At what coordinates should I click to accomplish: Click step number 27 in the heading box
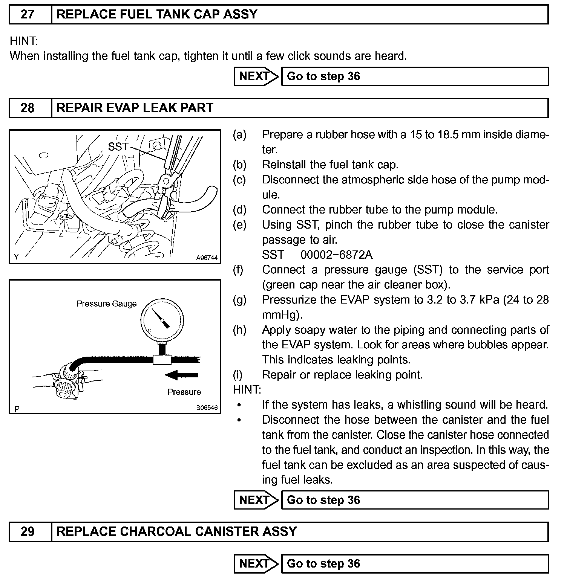pos(27,15)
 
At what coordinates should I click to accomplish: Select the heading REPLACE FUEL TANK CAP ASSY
pos(157,15)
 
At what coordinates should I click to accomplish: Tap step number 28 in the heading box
pos(27,108)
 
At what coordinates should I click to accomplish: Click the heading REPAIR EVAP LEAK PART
pos(135,108)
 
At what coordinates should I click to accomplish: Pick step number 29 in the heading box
pos(27,532)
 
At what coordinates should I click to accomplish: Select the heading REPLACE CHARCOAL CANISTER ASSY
pos(176,532)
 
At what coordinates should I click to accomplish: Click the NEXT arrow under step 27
pos(256,76)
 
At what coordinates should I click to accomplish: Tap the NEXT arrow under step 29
pos(256,564)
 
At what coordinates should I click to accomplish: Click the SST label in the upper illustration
pos(118,146)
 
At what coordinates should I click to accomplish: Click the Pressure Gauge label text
pos(107,304)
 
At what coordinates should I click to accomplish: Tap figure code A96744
pos(207,258)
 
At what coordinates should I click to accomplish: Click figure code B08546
pos(207,408)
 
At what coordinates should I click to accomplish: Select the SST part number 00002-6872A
pos(336,255)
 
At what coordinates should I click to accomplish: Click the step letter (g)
pos(240,300)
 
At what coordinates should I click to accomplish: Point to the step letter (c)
pos(239,180)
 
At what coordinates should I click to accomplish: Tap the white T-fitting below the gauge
pos(162,359)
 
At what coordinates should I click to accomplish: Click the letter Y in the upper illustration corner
pos(16,257)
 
